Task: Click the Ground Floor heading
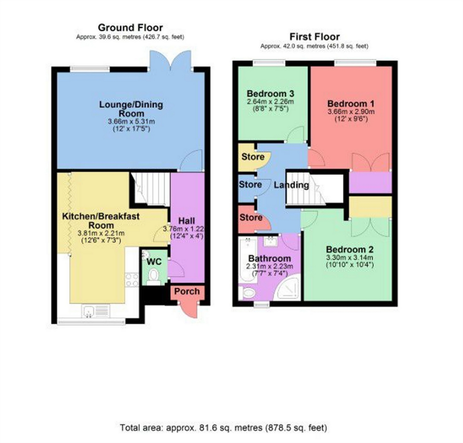pyautogui.click(x=130, y=27)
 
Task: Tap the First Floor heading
pyautogui.click(x=314, y=37)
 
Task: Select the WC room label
pyautogui.click(x=154, y=262)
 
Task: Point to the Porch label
pyautogui.click(x=187, y=291)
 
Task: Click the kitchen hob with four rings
pyautogui.click(x=132, y=280)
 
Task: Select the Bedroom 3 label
pyautogui.click(x=271, y=94)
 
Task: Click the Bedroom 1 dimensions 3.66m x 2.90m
pyautogui.click(x=351, y=111)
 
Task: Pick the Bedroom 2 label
pyautogui.click(x=350, y=250)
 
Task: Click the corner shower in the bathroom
pyautogui.click(x=287, y=288)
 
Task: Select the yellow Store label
pyautogui.click(x=253, y=157)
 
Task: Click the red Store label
pyautogui.click(x=251, y=217)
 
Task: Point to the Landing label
pyautogui.click(x=292, y=185)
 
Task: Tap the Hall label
pyautogui.click(x=187, y=221)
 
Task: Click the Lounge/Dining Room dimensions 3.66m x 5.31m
pyautogui.click(x=131, y=122)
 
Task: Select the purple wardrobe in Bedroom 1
pyautogui.click(x=370, y=182)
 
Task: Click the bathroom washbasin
pyautogui.click(x=271, y=242)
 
